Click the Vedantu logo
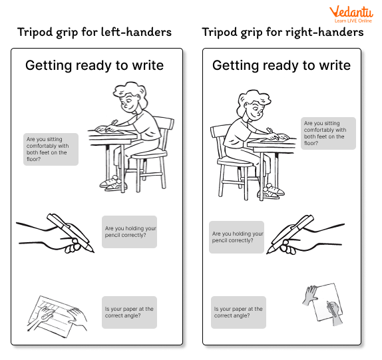pyautogui.click(x=351, y=15)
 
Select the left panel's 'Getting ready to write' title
pyautogui.click(x=95, y=65)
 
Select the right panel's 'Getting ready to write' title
pyautogui.click(x=282, y=65)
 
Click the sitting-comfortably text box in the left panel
pyautogui.click(x=51, y=149)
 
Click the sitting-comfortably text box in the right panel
pyautogui.click(x=328, y=133)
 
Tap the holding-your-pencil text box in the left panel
pyautogui.click(x=129, y=232)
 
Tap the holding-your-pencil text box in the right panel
pyautogui.click(x=236, y=238)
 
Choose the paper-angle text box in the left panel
pyautogui.click(x=129, y=312)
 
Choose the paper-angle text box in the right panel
pyautogui.click(x=238, y=312)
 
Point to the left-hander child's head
pyautogui.click(x=130, y=97)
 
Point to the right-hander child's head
pyautogui.click(x=254, y=105)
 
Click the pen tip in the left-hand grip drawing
pyautogui.click(x=93, y=252)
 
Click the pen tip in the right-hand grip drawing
pyautogui.click(x=268, y=253)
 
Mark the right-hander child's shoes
pyautogui.click(x=271, y=191)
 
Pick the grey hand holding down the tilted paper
pyautogui.click(x=310, y=295)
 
